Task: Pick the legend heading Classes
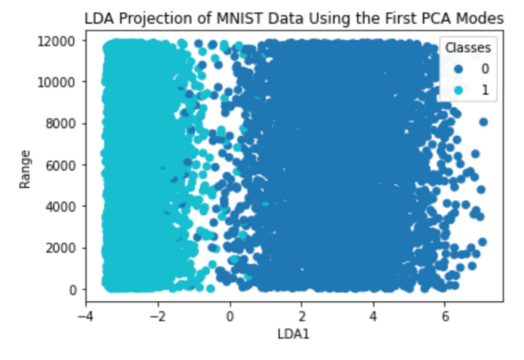(x=469, y=48)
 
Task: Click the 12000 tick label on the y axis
(x=57, y=40)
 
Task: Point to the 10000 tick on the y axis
(x=57, y=82)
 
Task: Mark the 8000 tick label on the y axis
(x=60, y=123)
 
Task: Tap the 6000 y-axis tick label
(x=60, y=165)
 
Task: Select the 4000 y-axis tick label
(x=60, y=206)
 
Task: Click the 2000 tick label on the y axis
(x=60, y=248)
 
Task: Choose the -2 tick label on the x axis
(x=158, y=315)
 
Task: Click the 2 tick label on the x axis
(x=302, y=315)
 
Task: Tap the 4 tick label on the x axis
(x=374, y=315)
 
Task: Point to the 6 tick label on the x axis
(x=445, y=315)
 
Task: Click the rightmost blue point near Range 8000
(x=483, y=122)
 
